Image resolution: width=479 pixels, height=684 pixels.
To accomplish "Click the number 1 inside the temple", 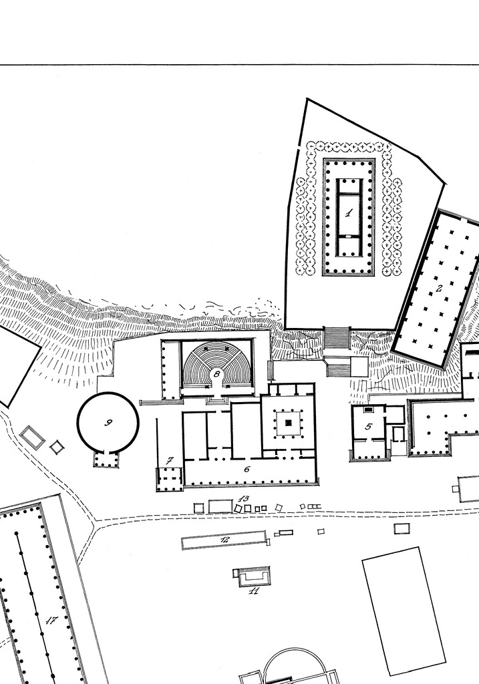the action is coord(349,213).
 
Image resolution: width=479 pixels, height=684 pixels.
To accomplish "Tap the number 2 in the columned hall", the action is coord(439,288).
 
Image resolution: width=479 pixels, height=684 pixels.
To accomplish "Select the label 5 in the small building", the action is coord(368,426).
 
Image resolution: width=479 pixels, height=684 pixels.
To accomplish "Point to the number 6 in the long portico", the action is coord(247,469).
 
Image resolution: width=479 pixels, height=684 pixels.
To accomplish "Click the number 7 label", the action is coord(170,460).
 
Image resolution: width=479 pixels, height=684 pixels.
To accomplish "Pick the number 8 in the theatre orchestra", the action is coord(216,373).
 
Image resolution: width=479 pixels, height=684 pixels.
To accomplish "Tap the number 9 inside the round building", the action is coord(109,422).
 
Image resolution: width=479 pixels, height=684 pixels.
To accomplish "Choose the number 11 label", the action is coord(254,591).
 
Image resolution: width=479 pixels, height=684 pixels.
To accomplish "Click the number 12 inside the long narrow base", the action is coord(224,540).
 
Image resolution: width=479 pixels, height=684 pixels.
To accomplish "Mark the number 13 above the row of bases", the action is coord(245,498).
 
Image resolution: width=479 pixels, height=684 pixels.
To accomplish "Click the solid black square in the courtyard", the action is coord(288,423).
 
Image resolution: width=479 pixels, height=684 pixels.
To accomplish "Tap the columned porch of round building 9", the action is coord(106,459).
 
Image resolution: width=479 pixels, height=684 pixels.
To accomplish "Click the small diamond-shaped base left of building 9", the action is coord(56,447).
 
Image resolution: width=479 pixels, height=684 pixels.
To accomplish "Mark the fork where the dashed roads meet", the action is coord(95,521).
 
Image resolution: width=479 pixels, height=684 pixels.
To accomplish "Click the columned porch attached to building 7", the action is coord(169,479).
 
